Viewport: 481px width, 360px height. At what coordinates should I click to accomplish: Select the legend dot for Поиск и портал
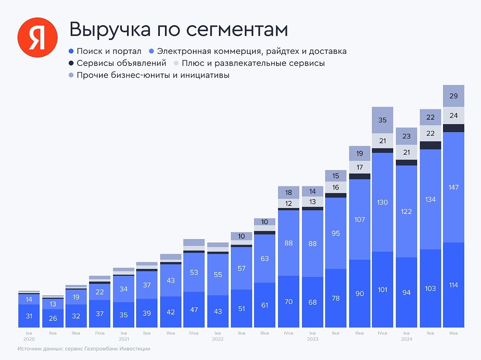(x=71, y=51)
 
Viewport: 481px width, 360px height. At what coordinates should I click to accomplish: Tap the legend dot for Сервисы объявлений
(x=71, y=63)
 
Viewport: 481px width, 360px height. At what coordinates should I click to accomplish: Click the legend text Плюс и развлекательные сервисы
(x=253, y=63)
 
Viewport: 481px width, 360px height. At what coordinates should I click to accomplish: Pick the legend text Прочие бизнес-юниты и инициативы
(x=153, y=75)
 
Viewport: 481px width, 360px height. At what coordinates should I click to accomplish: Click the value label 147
(x=453, y=187)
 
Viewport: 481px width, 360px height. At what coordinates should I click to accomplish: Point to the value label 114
(x=453, y=285)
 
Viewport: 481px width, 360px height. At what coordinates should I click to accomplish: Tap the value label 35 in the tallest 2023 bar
(x=382, y=120)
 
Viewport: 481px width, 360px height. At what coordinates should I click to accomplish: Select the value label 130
(x=382, y=202)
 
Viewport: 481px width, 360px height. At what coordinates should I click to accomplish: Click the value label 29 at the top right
(x=453, y=96)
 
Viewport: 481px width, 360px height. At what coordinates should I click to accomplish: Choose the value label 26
(x=53, y=318)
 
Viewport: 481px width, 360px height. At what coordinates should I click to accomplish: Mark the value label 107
(x=360, y=220)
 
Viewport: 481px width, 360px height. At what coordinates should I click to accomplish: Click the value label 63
(x=264, y=259)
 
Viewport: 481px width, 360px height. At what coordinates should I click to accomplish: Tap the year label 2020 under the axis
(x=29, y=339)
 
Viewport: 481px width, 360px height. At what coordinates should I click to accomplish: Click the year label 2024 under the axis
(x=406, y=339)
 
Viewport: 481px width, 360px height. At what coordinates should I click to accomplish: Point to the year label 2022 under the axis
(x=218, y=339)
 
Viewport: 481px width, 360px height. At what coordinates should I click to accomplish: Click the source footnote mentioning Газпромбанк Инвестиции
(x=84, y=349)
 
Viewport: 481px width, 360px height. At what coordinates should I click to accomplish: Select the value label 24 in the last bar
(x=453, y=116)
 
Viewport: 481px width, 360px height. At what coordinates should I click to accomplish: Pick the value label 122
(x=406, y=212)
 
